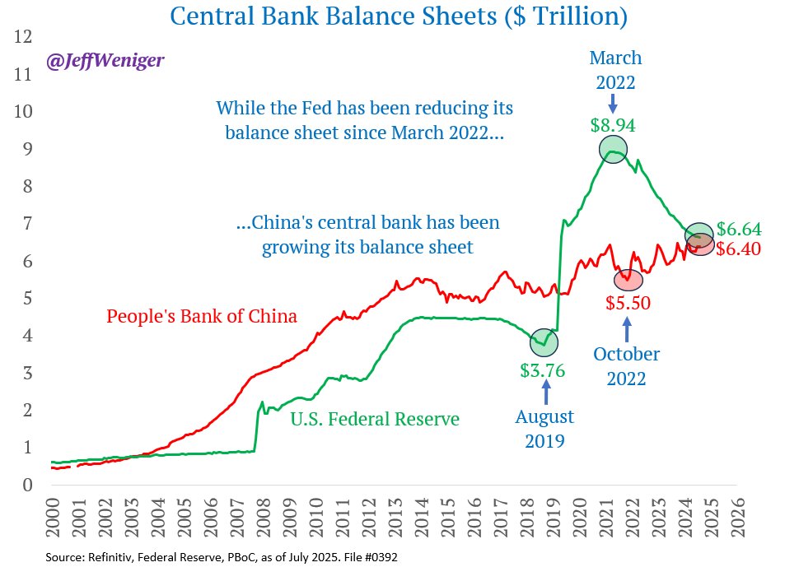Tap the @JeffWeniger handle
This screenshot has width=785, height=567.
click(104, 61)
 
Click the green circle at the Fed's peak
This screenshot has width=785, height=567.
click(613, 149)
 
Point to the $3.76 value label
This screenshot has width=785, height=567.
click(543, 369)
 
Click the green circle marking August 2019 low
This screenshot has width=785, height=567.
click(544, 340)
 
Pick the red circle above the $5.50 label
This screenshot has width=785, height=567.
click(628, 280)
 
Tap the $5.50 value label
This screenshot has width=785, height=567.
click(628, 303)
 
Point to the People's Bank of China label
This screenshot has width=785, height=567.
click(202, 316)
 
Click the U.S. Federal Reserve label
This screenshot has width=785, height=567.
click(375, 419)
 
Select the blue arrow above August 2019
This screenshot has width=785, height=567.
click(544, 387)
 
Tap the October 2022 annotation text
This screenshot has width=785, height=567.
click(627, 367)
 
